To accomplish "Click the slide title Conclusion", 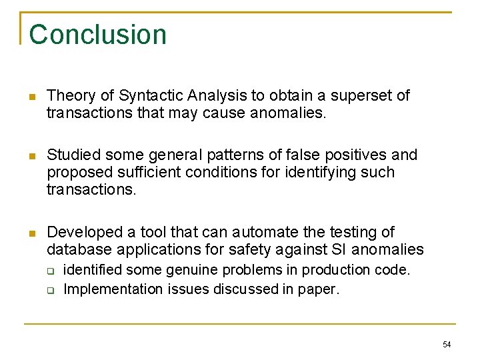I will point(97,35).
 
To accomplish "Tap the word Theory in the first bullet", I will point(69,96).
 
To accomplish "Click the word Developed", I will point(83,233).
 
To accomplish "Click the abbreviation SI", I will point(338,250).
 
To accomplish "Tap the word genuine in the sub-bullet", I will point(193,271).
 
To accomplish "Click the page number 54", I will point(447,344).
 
